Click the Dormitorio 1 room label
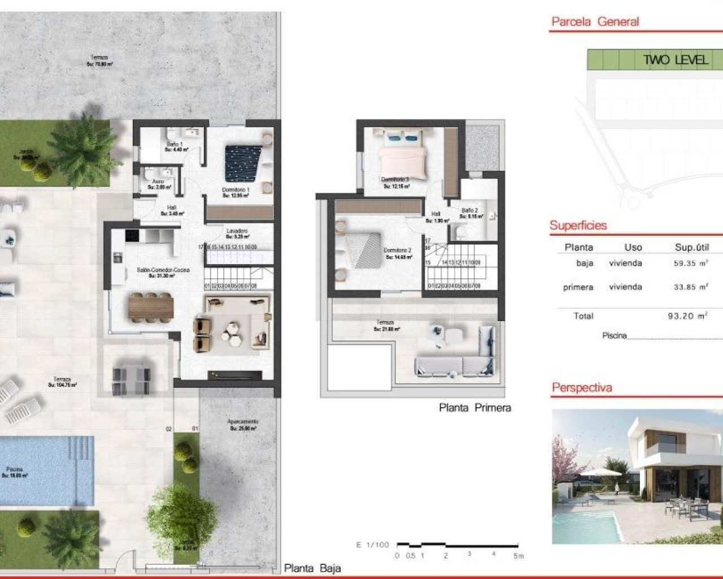pyautogui.click(x=236, y=192)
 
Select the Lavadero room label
pyautogui.click(x=237, y=234)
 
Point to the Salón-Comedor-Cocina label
pyautogui.click(x=163, y=273)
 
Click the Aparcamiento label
pyautogui.click(x=243, y=425)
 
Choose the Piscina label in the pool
pyautogui.click(x=15, y=472)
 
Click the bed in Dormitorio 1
pyautogui.click(x=243, y=164)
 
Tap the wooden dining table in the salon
pyautogui.click(x=151, y=308)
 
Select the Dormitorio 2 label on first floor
pyautogui.click(x=397, y=253)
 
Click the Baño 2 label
pyautogui.click(x=469, y=213)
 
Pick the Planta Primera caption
pyautogui.click(x=474, y=408)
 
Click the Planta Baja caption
pyautogui.click(x=312, y=568)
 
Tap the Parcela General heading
pyautogui.click(x=595, y=22)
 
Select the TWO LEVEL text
pyautogui.click(x=675, y=60)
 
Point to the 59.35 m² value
pyautogui.click(x=690, y=263)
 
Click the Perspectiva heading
pyautogui.click(x=582, y=388)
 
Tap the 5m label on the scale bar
pyautogui.click(x=519, y=556)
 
